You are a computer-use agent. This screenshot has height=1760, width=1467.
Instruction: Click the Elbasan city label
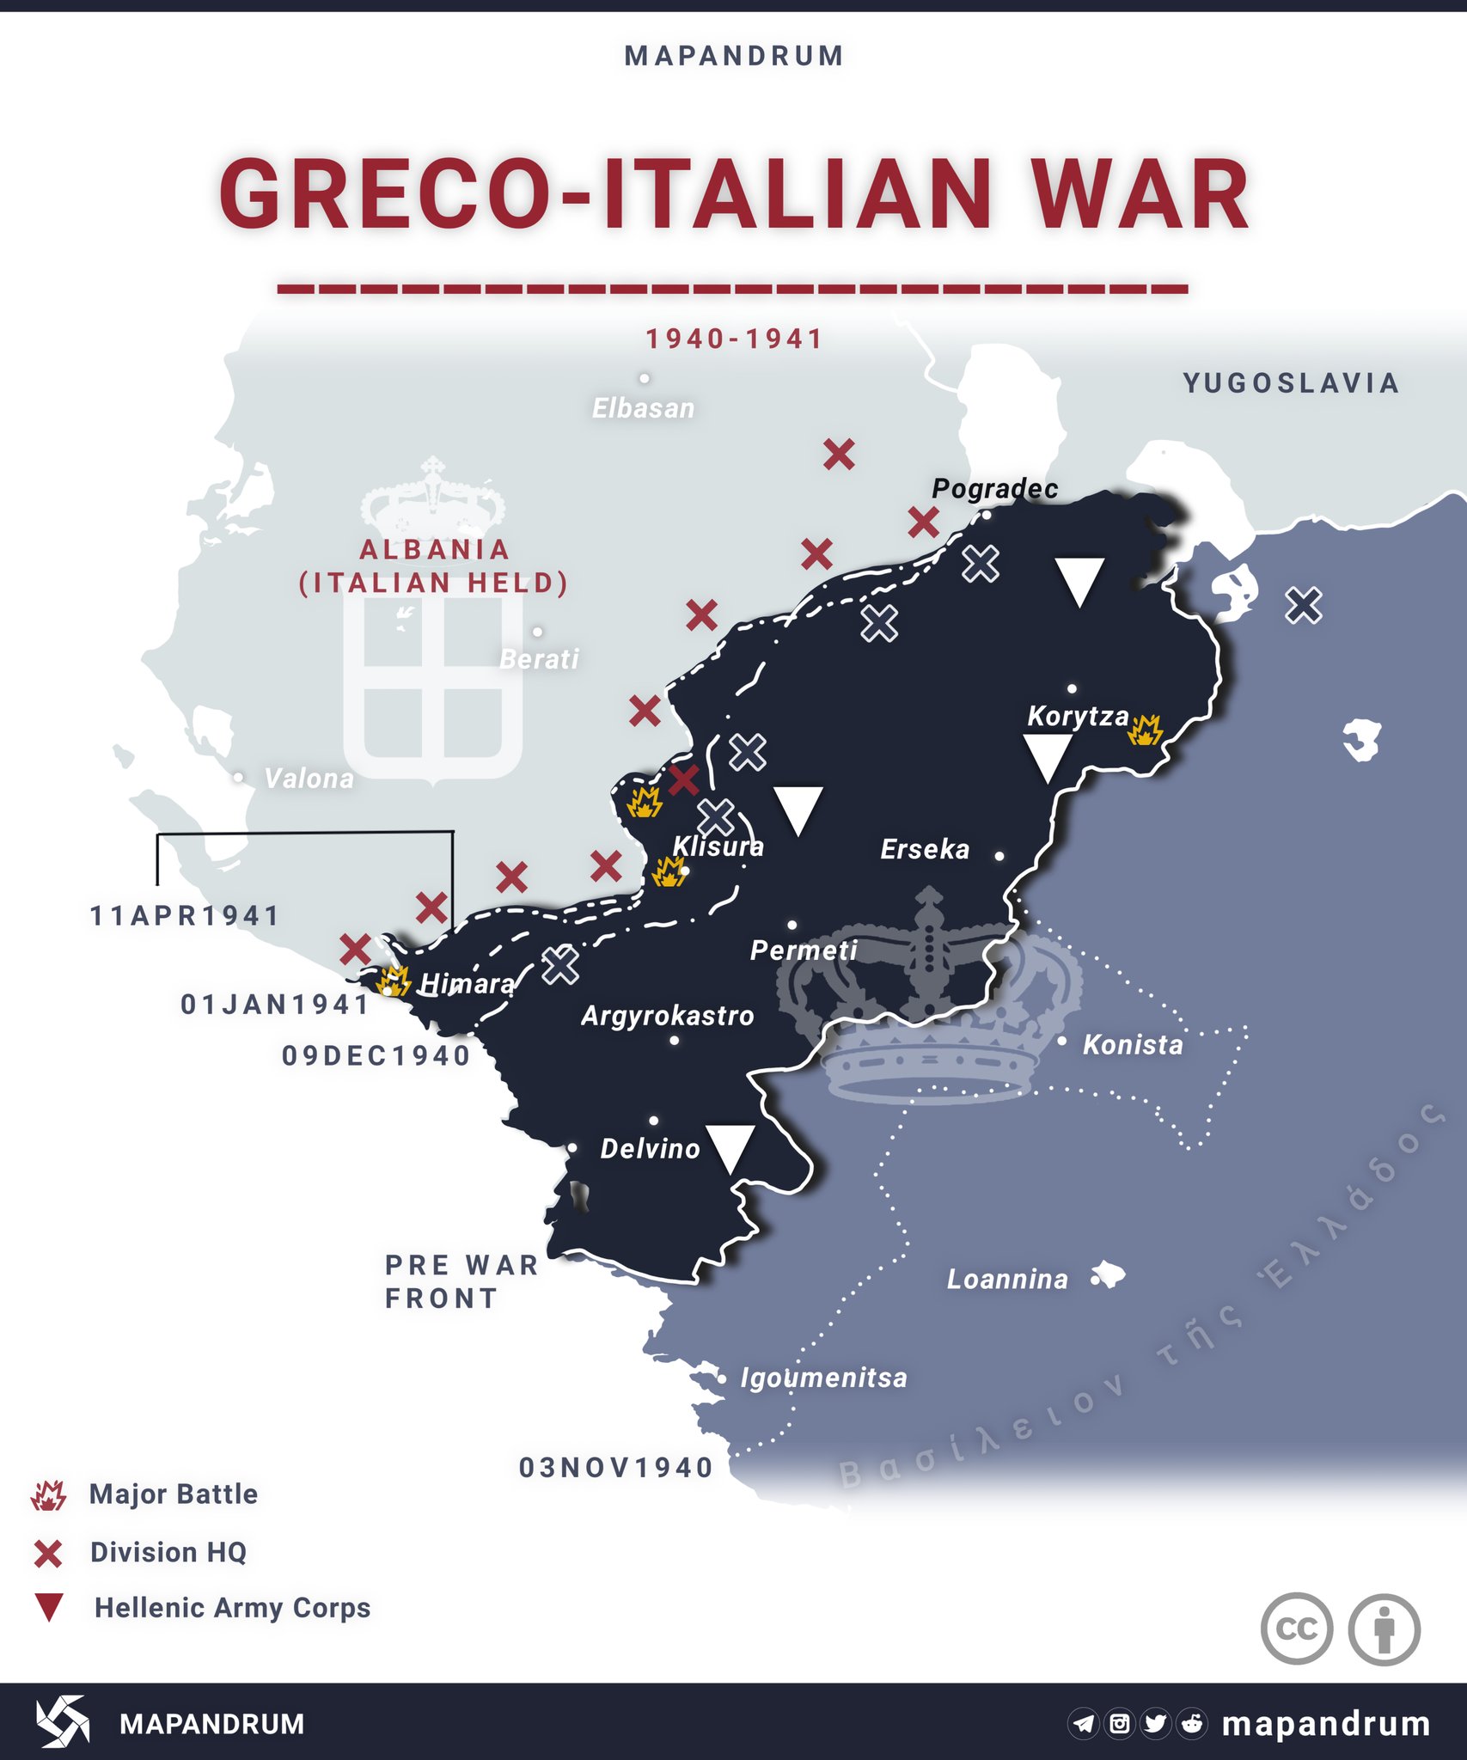(x=643, y=408)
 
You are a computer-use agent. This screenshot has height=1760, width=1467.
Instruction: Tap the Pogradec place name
(x=994, y=489)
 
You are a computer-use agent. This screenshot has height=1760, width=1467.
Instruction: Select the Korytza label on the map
(x=1078, y=716)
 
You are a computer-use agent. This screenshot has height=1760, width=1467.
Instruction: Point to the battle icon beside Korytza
(x=1145, y=730)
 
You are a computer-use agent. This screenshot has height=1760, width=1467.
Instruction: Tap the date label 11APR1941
(x=186, y=916)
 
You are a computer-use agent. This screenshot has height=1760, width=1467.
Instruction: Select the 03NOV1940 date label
(x=616, y=1468)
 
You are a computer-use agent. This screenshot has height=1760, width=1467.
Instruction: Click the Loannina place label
(x=1007, y=1280)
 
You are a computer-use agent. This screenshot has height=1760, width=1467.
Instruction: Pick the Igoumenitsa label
(x=823, y=1378)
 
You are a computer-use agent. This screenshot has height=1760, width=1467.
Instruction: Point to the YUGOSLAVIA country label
(x=1291, y=383)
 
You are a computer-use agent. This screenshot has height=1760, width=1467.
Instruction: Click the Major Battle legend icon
(x=48, y=1496)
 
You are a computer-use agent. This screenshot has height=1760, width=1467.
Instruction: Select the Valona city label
(x=309, y=779)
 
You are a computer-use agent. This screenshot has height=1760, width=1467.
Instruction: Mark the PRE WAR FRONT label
(x=461, y=1282)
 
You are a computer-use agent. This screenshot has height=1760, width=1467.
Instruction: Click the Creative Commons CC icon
(x=1296, y=1629)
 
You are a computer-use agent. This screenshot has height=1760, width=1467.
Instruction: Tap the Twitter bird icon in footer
(x=1155, y=1723)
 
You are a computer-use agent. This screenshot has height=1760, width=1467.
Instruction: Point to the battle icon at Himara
(x=394, y=981)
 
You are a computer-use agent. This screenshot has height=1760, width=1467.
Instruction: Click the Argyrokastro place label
(x=667, y=1017)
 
